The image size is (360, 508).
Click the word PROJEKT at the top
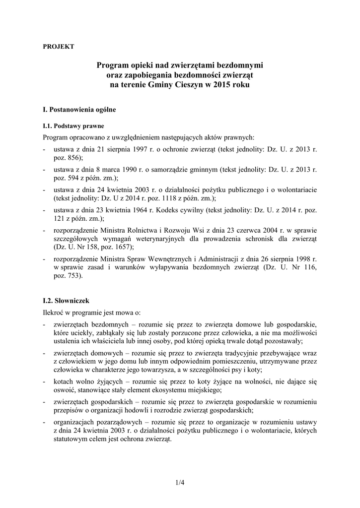59,46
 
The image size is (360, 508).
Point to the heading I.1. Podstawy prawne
73,126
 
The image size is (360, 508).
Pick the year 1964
137,210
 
